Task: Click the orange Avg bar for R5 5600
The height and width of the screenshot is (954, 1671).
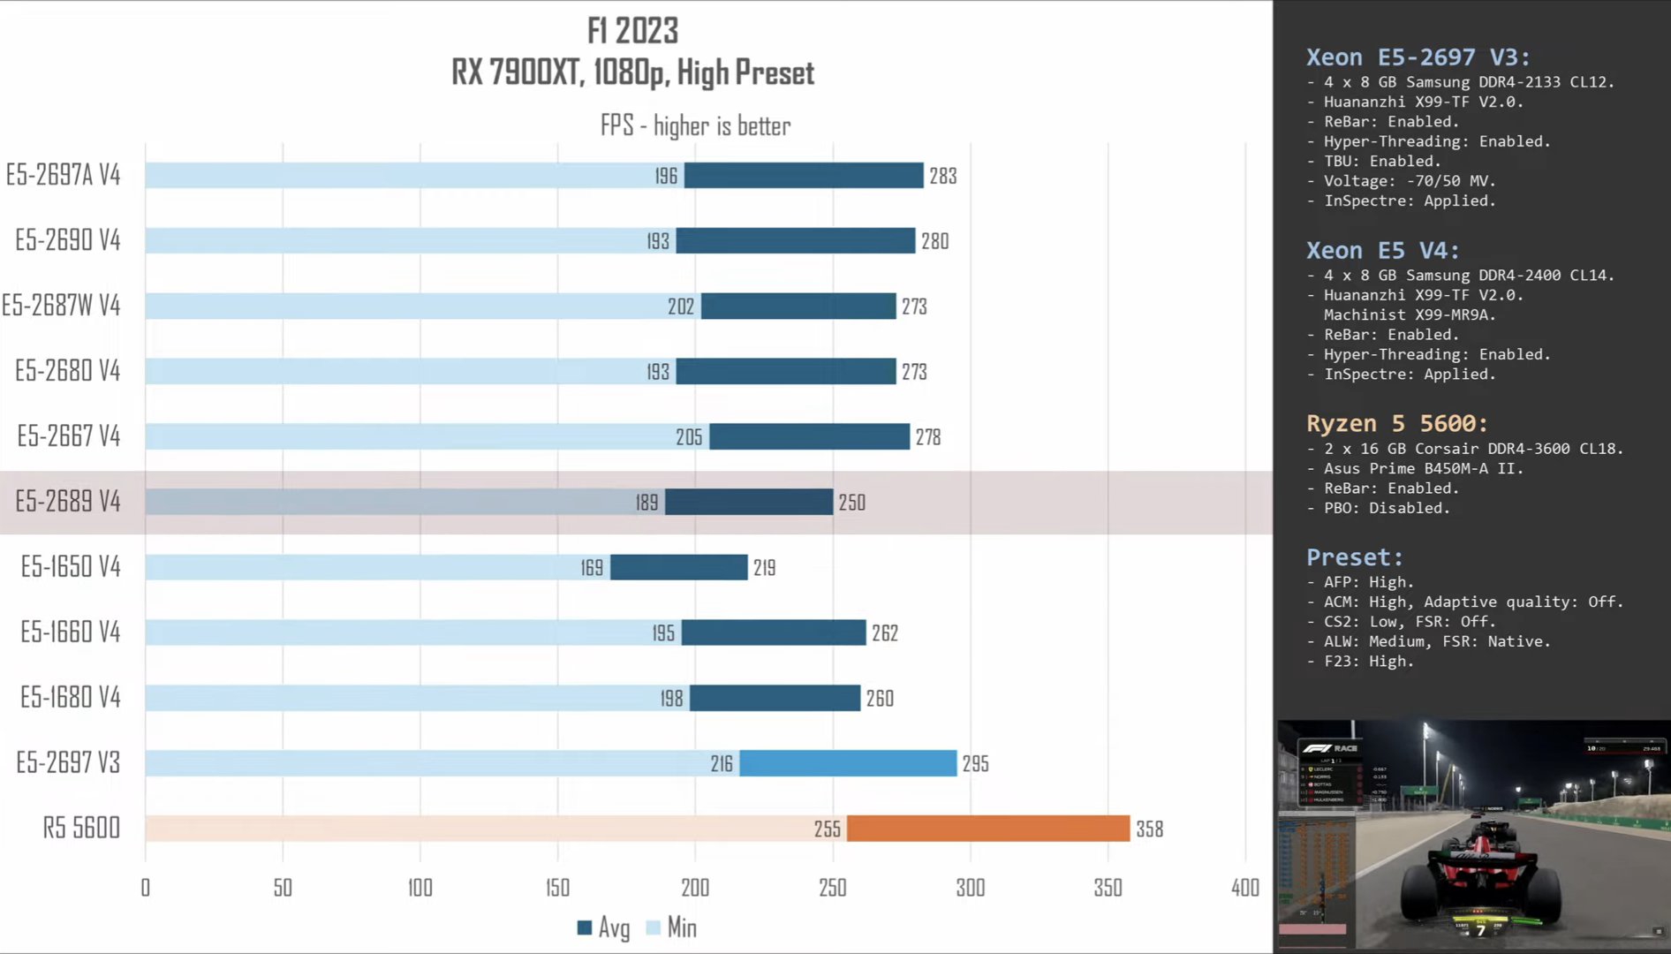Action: click(x=987, y=829)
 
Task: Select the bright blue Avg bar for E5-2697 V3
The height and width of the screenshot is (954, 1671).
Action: click(x=848, y=763)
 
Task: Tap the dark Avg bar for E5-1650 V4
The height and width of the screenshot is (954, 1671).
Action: click(x=678, y=567)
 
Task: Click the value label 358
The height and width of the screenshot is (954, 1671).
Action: click(x=1149, y=829)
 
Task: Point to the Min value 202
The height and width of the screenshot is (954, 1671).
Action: click(x=681, y=307)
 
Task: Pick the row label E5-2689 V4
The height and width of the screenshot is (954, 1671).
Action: click(x=68, y=502)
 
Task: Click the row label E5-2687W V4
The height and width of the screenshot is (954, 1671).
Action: click(x=61, y=306)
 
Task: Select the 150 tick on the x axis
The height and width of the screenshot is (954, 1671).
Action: click(x=557, y=887)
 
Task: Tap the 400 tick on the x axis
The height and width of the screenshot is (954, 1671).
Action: click(x=1245, y=887)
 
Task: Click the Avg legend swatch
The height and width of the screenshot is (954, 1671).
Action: click(x=584, y=927)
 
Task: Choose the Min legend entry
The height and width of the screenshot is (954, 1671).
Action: click(x=673, y=927)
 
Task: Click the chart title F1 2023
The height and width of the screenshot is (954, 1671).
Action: click(x=632, y=31)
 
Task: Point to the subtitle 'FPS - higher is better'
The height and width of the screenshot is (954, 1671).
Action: click(x=695, y=125)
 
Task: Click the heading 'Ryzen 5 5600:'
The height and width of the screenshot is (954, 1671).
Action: click(x=1397, y=423)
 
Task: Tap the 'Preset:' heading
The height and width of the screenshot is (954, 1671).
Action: click(x=1354, y=557)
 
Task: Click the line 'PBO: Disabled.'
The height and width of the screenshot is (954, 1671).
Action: click(x=1386, y=508)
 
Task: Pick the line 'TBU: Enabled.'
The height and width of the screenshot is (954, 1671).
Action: click(x=1381, y=161)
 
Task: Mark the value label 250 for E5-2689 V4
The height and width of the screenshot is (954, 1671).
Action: click(x=851, y=503)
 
